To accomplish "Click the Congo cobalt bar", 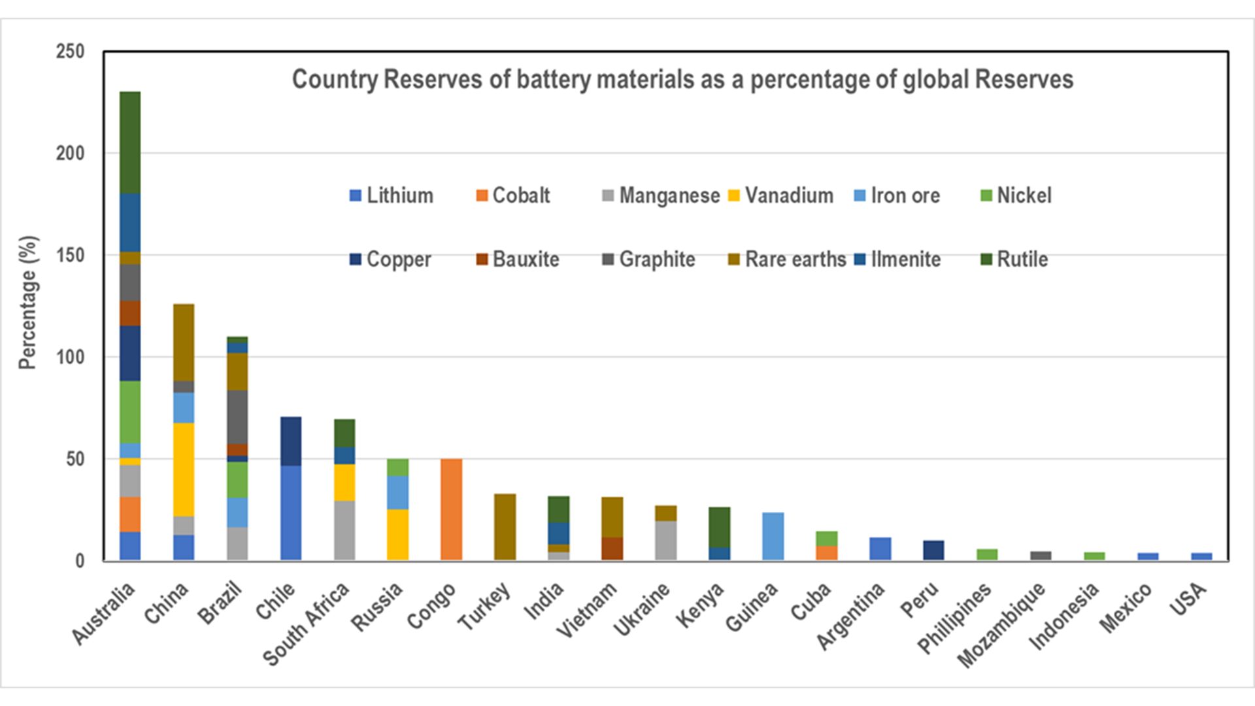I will (451, 509).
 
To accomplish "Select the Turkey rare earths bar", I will (505, 527).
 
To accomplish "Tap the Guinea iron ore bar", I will (773, 536).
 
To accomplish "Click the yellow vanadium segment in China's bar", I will (184, 469).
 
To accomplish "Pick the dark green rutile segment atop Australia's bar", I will (130, 143).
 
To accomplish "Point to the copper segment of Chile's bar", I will (291, 441).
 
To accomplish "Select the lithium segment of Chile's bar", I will (291, 513).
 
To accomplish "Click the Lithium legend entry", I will (392, 195).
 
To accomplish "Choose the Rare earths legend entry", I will (787, 260).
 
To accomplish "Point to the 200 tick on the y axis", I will (70, 154).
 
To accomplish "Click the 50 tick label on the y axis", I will (75, 459).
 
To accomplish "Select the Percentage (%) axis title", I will (28, 302).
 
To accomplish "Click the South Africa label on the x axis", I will (306, 624).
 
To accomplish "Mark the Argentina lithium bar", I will (880, 548).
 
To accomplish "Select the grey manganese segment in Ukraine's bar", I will (665, 541).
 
